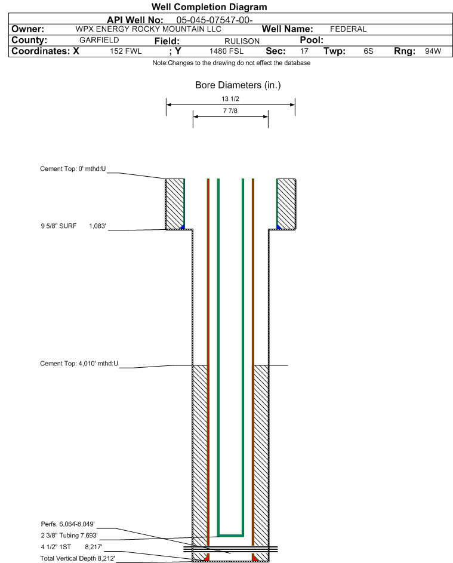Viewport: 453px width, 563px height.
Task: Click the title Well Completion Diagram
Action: [209, 7]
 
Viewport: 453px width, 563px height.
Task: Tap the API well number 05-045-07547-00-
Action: [211, 20]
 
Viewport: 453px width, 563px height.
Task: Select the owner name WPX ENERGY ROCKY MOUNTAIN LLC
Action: [149, 29]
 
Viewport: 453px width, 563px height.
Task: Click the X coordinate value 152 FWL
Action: [126, 52]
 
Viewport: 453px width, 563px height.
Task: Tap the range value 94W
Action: [433, 52]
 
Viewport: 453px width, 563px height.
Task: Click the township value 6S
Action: [368, 52]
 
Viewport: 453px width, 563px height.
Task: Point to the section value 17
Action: [304, 52]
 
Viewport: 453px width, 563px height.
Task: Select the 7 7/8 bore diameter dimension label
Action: [230, 111]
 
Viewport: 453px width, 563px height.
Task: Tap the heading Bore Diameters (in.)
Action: [238, 85]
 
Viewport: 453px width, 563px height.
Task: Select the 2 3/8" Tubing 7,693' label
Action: [69, 536]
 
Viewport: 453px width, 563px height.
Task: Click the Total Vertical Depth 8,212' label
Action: [78, 558]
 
